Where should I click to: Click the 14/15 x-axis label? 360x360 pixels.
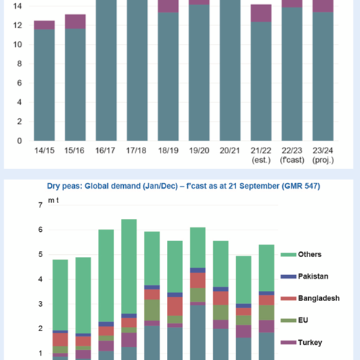[x=45, y=150]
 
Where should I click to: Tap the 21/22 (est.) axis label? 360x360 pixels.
[x=261, y=155]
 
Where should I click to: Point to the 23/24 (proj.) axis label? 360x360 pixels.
[x=323, y=155]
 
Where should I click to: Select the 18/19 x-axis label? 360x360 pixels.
[x=168, y=150]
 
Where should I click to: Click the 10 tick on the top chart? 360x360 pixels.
[x=17, y=45]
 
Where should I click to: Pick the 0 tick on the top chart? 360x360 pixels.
[x=19, y=141]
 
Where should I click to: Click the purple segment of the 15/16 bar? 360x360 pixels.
[x=75, y=22]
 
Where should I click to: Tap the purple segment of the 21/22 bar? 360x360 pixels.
[x=261, y=13]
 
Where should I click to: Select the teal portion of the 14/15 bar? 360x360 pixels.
[x=45, y=85]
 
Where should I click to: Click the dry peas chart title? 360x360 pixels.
[x=184, y=186]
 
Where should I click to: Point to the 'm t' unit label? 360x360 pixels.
[x=53, y=200]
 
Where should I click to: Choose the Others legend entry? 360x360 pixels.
[x=301, y=254]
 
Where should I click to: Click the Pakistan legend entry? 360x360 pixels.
[x=305, y=276]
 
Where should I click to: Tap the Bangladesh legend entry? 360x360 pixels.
[x=310, y=298]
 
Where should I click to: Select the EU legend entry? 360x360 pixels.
[x=294, y=320]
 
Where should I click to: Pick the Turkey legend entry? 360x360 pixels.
[x=302, y=342]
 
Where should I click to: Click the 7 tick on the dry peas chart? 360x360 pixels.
[x=40, y=205]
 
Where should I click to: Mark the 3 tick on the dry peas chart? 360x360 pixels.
[x=40, y=304]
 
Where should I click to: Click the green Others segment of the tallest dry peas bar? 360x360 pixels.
[x=129, y=266]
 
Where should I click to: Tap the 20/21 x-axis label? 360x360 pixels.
[x=230, y=150]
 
